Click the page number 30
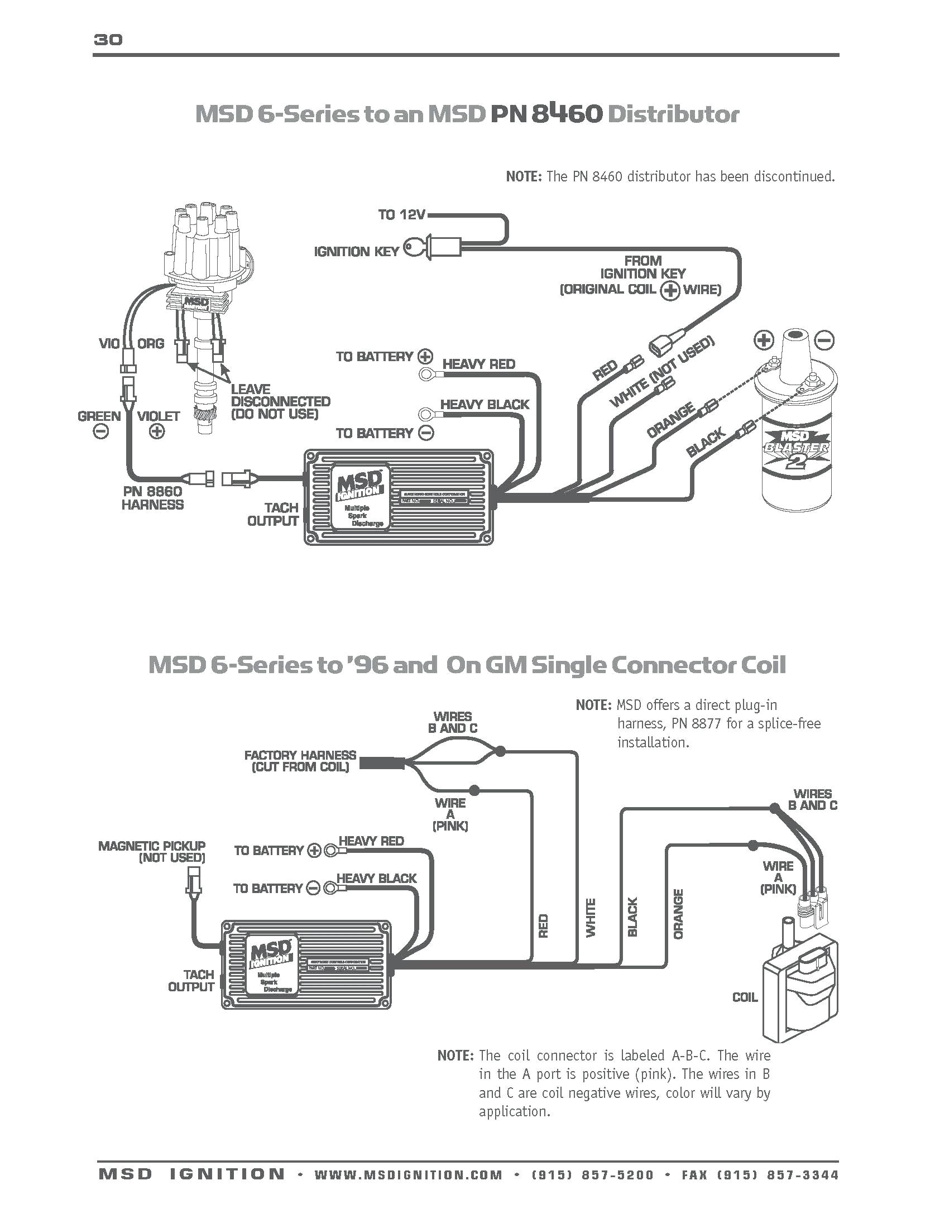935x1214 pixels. coord(108,40)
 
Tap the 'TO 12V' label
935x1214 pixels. coord(401,215)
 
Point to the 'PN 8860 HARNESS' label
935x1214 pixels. coord(152,498)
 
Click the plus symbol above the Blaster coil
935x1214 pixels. coord(764,340)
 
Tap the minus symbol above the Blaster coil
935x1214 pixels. coord(825,340)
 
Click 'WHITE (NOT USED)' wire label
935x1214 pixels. coord(662,372)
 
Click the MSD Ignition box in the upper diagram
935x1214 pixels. coord(398,497)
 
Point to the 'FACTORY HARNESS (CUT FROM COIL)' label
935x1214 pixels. coord(300,761)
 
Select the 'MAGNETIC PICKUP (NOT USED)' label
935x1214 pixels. coord(152,852)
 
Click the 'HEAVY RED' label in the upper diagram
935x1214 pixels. coord(478,364)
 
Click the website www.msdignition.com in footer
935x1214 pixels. coord(409,1174)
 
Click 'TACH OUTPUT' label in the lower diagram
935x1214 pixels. coord(191,981)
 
